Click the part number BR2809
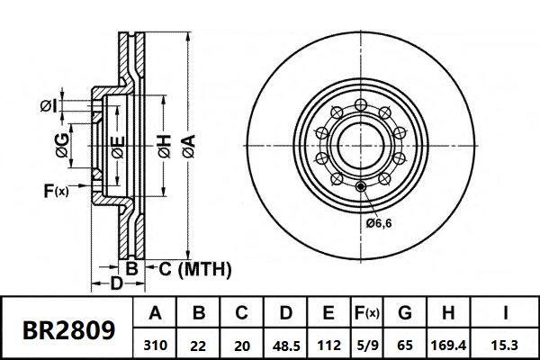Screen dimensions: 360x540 point(68,329)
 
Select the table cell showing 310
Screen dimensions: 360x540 point(156,344)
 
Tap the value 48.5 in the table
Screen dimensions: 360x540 point(285,344)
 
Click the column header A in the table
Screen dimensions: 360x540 point(156,314)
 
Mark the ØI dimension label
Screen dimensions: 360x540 point(49,109)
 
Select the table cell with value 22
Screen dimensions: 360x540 point(200,344)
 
